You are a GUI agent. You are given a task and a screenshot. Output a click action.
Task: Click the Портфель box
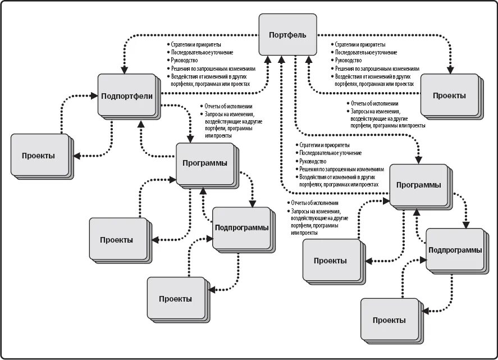coord(287,35)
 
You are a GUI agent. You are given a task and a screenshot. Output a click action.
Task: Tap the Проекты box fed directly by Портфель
coord(449,95)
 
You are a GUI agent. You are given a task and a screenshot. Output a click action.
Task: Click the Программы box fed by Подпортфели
coord(205,163)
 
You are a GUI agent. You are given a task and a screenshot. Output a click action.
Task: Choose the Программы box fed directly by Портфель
coord(418,185)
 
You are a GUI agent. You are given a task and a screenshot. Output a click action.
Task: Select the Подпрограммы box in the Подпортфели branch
coord(241,227)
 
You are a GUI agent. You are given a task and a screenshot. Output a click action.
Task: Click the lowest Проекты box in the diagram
coord(389,320)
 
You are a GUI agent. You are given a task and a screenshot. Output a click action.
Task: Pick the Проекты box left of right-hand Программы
coord(330,261)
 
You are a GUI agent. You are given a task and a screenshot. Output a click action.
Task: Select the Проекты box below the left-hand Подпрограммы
coord(175,298)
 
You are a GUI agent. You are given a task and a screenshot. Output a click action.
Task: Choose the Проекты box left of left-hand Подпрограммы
coord(117,239)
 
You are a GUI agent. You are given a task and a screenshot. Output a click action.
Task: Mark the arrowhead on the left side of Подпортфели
coord(94,97)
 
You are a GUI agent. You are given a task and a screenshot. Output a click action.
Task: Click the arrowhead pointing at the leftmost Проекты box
coord(76,156)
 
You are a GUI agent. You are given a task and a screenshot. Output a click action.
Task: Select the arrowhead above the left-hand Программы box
coord(191,139)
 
